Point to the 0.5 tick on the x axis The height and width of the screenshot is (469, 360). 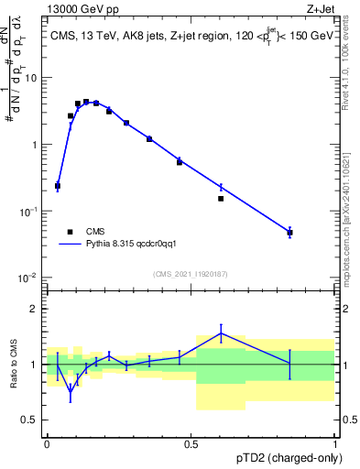(x=191, y=442)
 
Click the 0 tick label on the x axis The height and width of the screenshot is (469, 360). (x=47, y=442)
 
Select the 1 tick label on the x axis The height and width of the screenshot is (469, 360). (x=335, y=442)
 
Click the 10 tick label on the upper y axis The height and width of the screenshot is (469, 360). (x=34, y=78)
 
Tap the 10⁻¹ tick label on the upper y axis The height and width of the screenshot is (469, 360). (x=31, y=211)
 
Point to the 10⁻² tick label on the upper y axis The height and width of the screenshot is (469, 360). (x=31, y=278)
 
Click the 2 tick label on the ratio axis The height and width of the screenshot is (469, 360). (x=38, y=309)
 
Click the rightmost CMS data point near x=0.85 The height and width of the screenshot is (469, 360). (x=289, y=233)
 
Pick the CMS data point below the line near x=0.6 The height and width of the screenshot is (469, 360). (x=221, y=198)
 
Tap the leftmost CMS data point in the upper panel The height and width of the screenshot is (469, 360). (x=58, y=186)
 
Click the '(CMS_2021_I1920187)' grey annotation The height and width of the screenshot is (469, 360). (x=191, y=273)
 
